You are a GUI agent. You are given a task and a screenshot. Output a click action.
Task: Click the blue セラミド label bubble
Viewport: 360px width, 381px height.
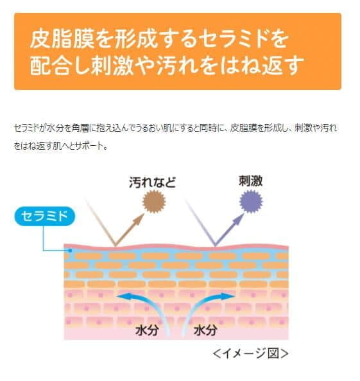(x=45, y=216)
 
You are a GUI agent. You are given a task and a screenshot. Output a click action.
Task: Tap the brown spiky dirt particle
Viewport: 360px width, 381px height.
(x=154, y=202)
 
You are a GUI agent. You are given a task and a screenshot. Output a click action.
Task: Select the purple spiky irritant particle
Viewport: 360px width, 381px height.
(x=251, y=202)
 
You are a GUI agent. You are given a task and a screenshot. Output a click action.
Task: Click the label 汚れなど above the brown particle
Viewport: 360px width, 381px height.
(x=153, y=182)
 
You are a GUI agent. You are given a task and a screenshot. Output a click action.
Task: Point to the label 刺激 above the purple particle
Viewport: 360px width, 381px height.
(x=251, y=181)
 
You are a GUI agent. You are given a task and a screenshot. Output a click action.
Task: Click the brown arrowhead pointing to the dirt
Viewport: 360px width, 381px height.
(x=139, y=218)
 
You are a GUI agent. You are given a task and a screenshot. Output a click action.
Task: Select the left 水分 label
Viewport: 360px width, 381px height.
(x=148, y=330)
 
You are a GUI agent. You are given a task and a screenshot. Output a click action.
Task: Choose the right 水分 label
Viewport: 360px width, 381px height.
(x=205, y=330)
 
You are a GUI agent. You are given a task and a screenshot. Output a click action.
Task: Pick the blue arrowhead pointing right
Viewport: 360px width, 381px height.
(x=228, y=296)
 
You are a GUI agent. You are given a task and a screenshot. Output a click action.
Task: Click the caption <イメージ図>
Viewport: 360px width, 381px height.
(x=251, y=353)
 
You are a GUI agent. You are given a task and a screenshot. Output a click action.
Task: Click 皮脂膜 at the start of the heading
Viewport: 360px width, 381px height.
(x=62, y=39)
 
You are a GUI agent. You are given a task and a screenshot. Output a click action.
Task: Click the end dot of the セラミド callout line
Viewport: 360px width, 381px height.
(x=70, y=251)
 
